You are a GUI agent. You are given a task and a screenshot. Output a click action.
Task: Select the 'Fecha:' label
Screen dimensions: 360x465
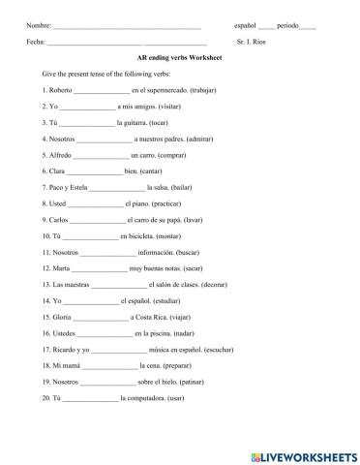(x=37, y=42)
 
